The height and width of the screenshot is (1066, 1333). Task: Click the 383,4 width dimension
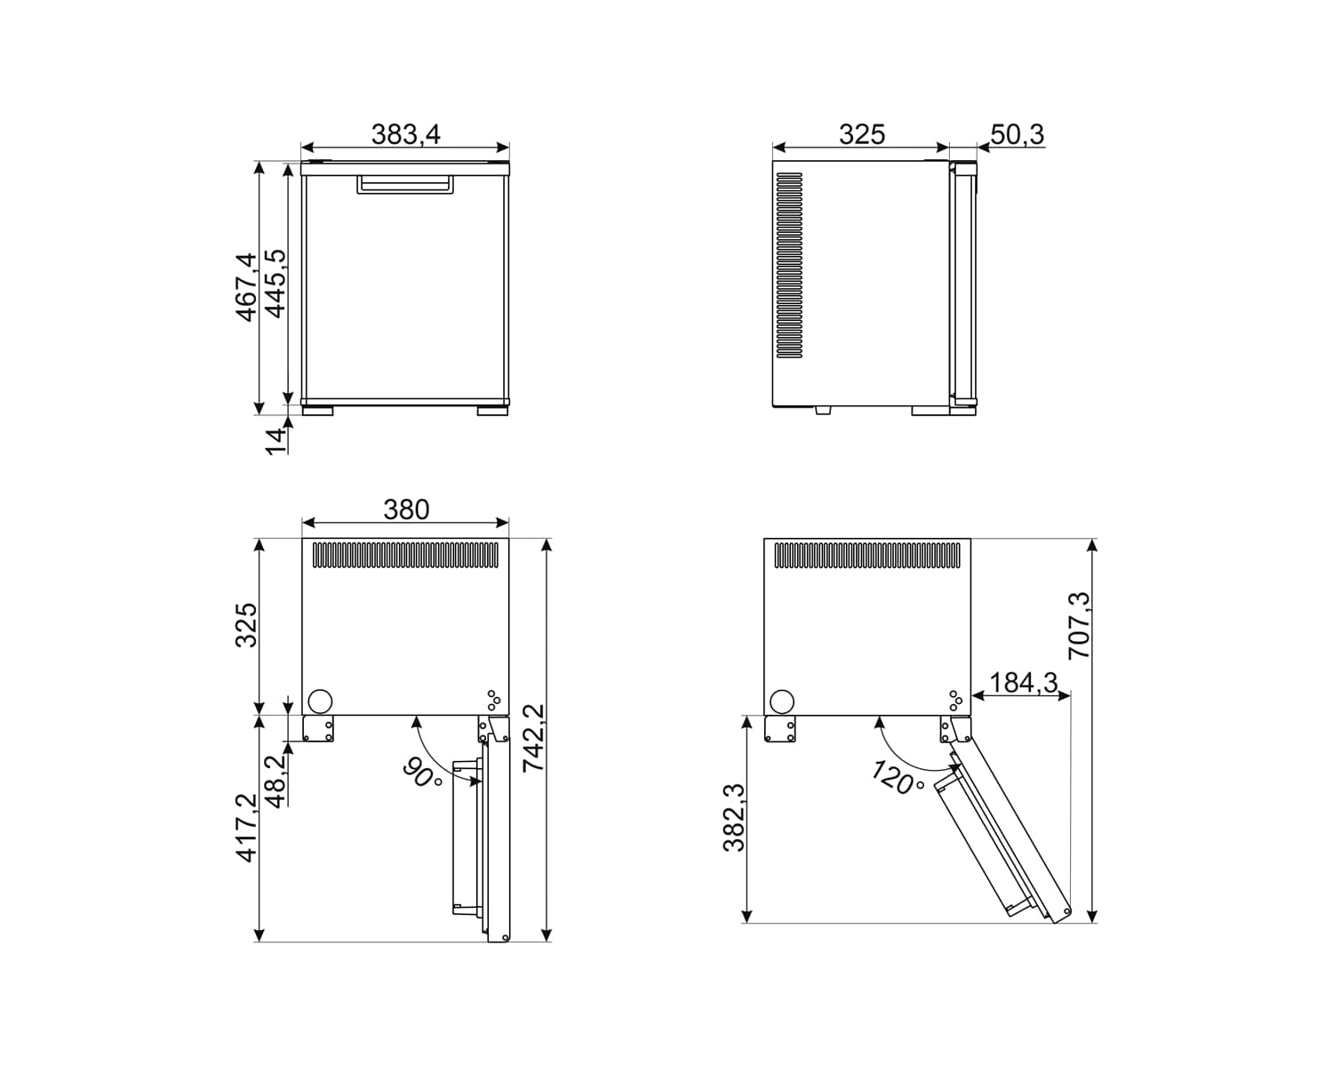[x=406, y=134]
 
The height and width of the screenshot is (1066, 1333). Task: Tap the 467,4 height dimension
[x=245, y=286]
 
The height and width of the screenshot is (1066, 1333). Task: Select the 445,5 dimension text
[x=275, y=284]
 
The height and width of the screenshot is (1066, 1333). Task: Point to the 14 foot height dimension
[x=275, y=441]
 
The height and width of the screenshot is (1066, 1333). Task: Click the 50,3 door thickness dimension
[x=1018, y=134]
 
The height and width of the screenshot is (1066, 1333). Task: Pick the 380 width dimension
[x=406, y=509]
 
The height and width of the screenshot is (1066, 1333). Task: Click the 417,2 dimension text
[x=246, y=828]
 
